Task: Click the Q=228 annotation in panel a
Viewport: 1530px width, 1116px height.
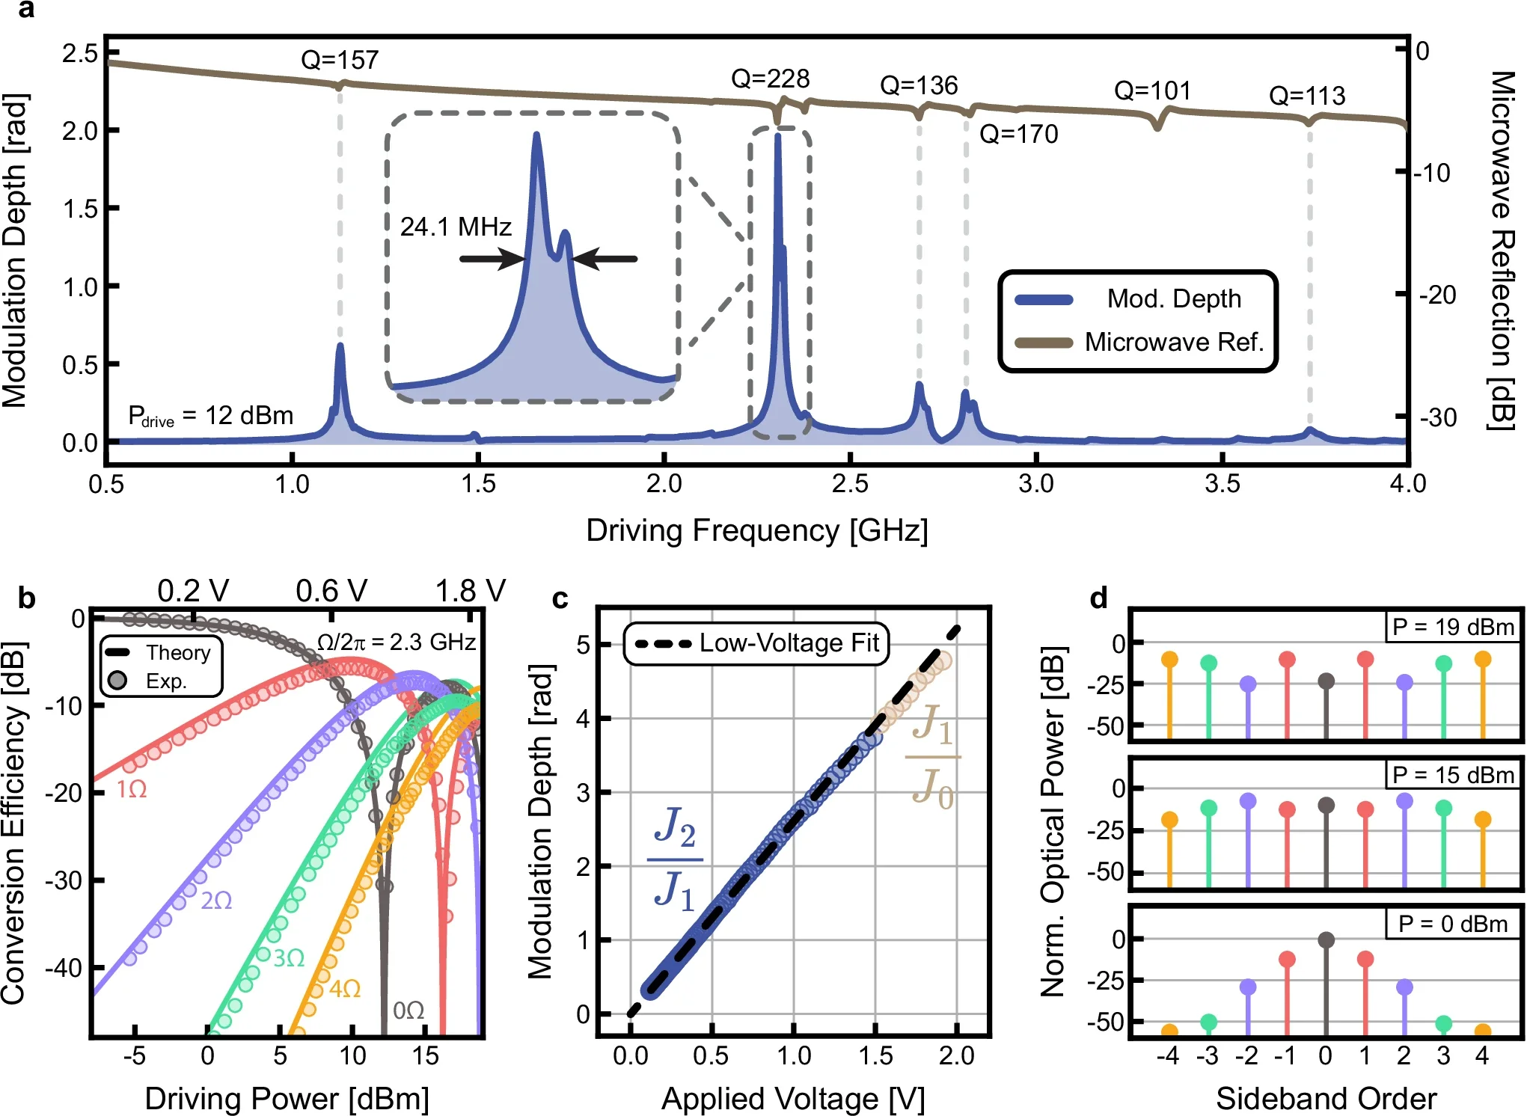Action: point(770,79)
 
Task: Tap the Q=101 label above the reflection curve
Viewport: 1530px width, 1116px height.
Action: point(1152,91)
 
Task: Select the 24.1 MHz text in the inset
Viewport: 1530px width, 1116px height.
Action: point(455,227)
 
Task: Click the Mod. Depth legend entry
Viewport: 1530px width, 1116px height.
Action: point(1173,298)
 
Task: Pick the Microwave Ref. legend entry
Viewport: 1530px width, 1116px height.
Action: point(1173,342)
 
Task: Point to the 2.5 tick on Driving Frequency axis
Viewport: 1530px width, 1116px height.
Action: point(850,483)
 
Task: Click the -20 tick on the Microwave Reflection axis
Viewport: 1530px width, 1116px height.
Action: point(1437,295)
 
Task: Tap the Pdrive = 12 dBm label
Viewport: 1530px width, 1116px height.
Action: point(210,416)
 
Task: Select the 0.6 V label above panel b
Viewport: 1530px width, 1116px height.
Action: point(331,591)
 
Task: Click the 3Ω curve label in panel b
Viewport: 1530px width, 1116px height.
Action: point(288,958)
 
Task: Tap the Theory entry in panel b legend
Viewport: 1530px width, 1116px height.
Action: point(177,652)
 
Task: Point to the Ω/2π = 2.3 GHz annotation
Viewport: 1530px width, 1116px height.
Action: point(396,642)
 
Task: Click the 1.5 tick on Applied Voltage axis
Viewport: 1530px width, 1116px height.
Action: point(875,1055)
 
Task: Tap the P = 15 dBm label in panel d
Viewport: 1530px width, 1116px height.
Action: point(1451,775)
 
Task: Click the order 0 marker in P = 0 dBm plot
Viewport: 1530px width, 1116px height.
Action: point(1326,940)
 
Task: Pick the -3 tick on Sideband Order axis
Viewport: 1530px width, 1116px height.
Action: point(1207,1055)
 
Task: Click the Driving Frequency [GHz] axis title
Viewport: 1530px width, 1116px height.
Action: point(756,530)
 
